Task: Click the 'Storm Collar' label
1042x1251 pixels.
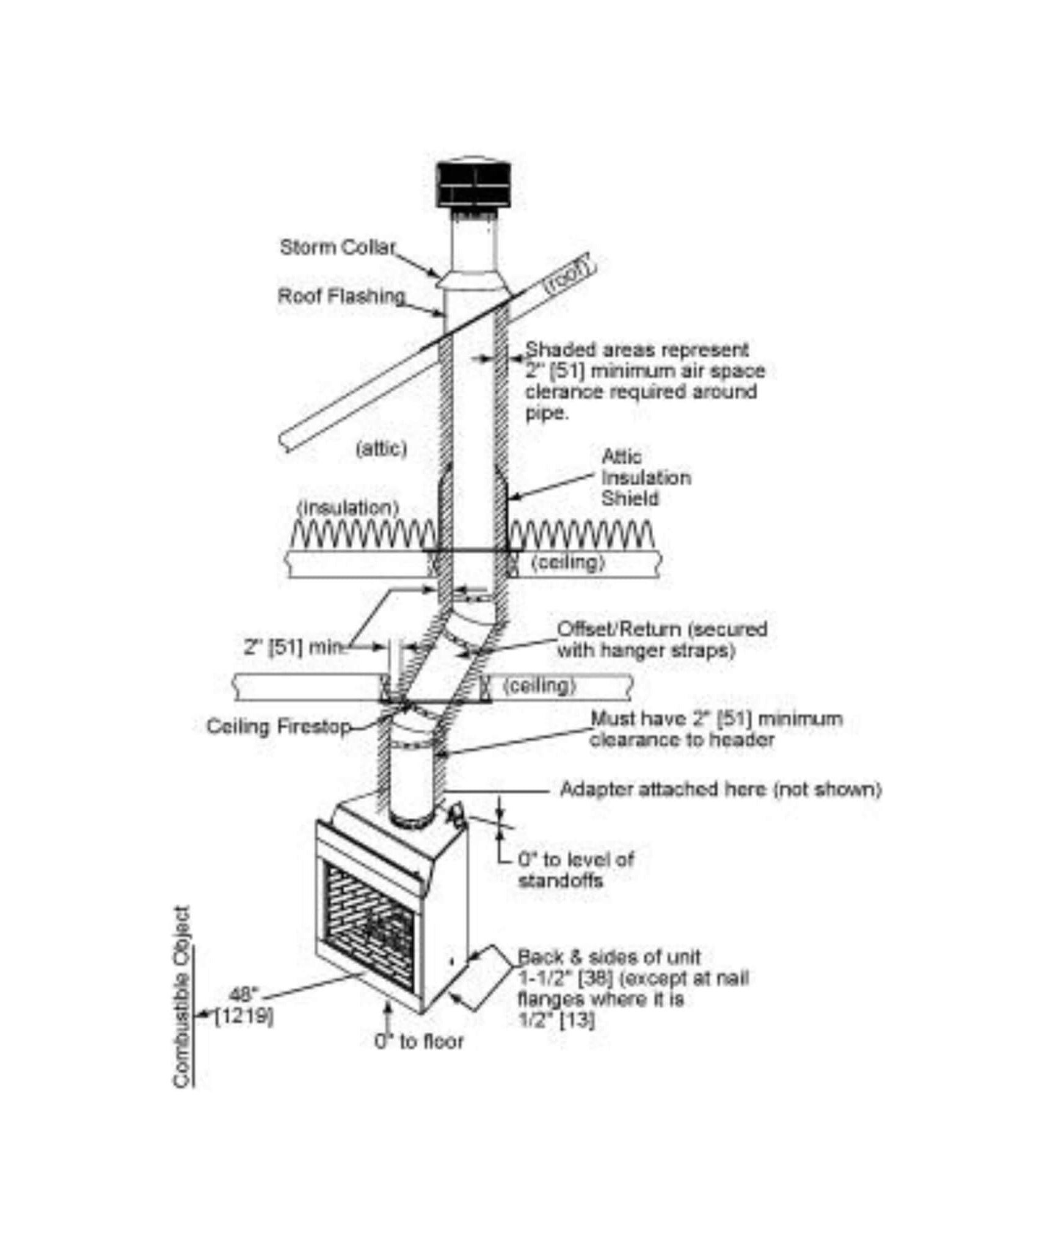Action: point(338,247)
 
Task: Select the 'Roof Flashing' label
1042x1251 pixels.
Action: point(341,296)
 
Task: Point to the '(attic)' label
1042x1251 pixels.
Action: point(381,449)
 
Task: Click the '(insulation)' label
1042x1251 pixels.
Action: point(348,508)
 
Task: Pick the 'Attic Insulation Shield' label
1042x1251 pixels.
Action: point(646,478)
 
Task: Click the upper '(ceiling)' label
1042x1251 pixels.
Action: point(568,563)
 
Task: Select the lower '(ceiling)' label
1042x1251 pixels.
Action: point(539,686)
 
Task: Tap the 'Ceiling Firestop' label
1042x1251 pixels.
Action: point(279,726)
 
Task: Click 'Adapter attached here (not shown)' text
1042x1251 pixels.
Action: point(721,789)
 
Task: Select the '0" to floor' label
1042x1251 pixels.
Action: point(419,1041)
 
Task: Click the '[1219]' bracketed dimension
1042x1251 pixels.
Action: point(244,1017)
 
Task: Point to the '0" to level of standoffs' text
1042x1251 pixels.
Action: point(576,870)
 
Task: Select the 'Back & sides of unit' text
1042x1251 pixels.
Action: point(608,957)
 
